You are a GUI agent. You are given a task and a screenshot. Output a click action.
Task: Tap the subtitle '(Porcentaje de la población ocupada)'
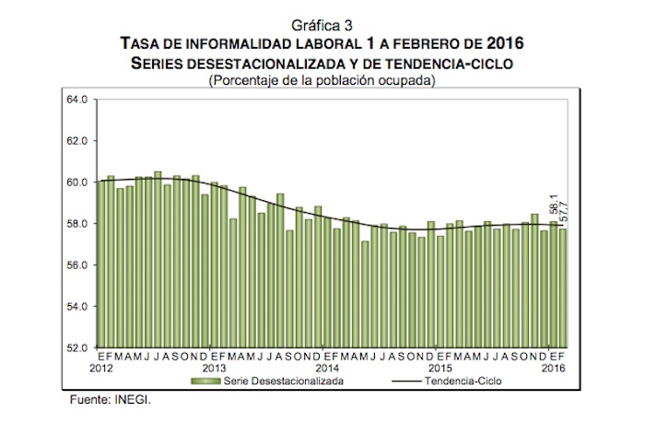tap(322, 80)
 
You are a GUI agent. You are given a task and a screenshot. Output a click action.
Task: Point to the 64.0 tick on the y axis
tap(76, 99)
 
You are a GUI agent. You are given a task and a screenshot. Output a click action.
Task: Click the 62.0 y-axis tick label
tap(76, 140)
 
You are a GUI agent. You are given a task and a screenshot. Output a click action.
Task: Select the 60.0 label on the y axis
tap(76, 182)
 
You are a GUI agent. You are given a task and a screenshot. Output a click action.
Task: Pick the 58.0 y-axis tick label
tap(76, 223)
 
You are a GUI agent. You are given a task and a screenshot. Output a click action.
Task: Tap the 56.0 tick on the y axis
tap(76, 265)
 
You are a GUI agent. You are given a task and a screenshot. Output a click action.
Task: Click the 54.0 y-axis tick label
tap(76, 306)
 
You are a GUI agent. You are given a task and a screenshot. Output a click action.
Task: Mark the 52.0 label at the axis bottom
tap(76, 347)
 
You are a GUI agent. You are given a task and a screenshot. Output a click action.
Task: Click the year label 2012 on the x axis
tap(101, 367)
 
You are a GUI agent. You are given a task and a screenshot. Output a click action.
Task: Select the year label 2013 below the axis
tap(214, 367)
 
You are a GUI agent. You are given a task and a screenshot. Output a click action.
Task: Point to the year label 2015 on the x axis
tap(439, 367)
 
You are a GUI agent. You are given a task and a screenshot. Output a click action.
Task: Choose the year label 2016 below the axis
tap(552, 367)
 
